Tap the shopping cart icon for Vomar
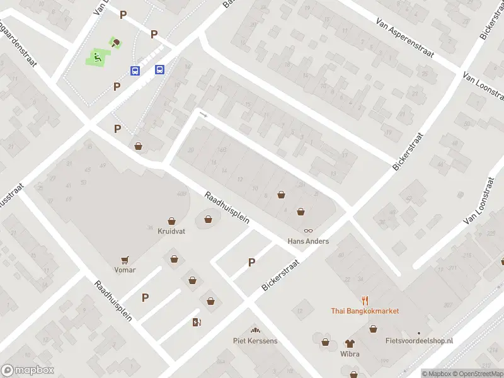click(125, 260)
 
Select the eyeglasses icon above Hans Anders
click(308, 231)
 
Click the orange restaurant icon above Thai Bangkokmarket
click(365, 301)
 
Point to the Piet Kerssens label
click(255, 341)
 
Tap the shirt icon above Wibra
click(350, 343)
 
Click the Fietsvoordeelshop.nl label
click(419, 341)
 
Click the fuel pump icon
click(197, 323)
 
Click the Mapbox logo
click(28, 370)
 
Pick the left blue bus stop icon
click(135, 71)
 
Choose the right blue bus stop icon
click(159, 70)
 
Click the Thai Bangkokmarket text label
click(365, 311)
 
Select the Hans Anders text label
click(308, 241)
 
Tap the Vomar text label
click(125, 270)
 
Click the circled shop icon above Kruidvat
click(209, 219)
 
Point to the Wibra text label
click(350, 353)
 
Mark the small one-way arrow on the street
click(203, 114)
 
